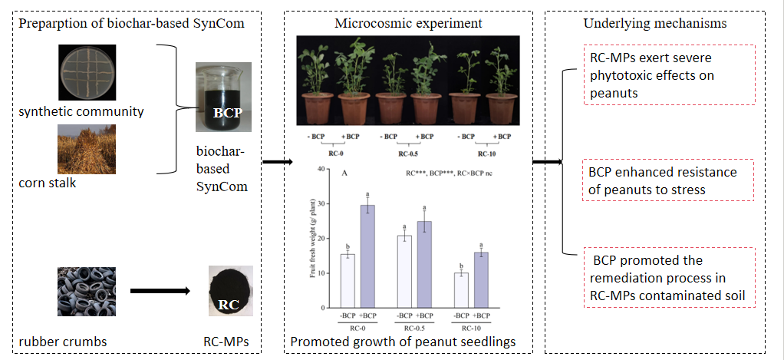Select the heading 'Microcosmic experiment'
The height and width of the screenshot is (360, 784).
(x=408, y=23)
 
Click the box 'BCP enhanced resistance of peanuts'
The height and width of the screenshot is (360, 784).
(x=660, y=180)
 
